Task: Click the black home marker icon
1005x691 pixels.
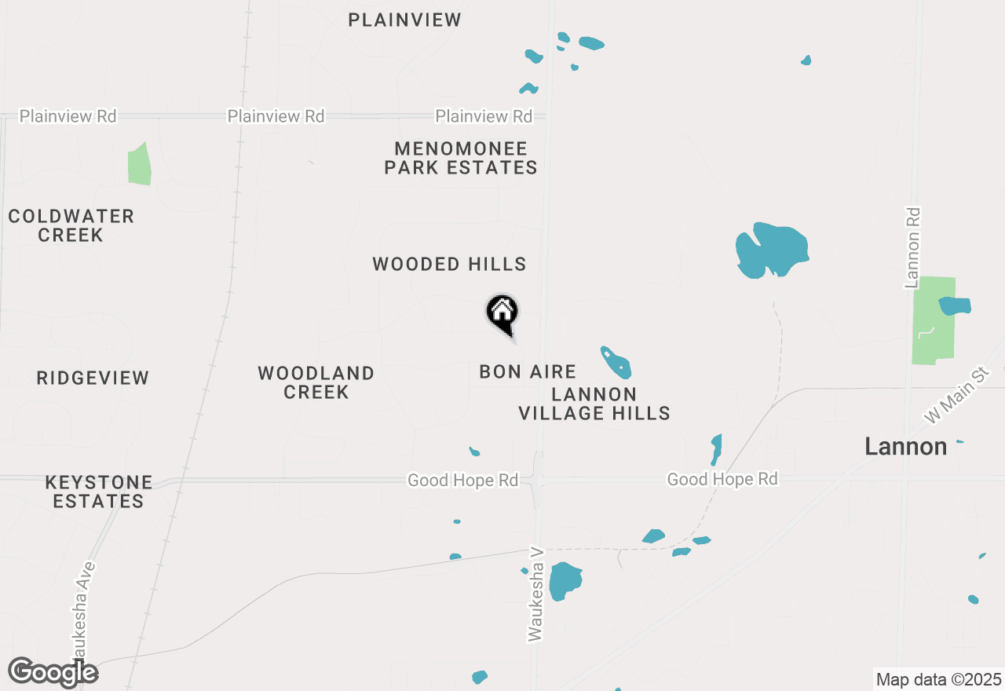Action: [502, 313]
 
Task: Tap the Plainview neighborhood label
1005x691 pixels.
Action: [404, 20]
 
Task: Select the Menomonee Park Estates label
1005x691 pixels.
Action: [461, 158]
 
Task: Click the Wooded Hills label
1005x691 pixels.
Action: [449, 264]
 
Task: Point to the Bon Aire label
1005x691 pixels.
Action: [528, 371]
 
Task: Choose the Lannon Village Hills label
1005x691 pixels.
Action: [594, 404]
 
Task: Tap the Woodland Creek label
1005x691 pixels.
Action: [316, 382]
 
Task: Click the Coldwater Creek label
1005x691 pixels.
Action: [71, 225]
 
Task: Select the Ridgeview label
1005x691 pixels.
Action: [93, 378]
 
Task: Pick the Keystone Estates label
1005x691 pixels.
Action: [99, 492]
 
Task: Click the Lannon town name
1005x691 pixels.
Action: [905, 447]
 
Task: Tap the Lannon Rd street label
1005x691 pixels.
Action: [912, 247]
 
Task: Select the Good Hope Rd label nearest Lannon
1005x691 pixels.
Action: [722, 479]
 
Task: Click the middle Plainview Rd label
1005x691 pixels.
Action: [276, 116]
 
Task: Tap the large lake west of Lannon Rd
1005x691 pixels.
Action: [771, 250]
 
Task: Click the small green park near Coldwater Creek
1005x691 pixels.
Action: [139, 165]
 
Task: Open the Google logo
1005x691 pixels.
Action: [53, 672]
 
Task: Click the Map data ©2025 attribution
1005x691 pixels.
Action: [938, 679]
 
